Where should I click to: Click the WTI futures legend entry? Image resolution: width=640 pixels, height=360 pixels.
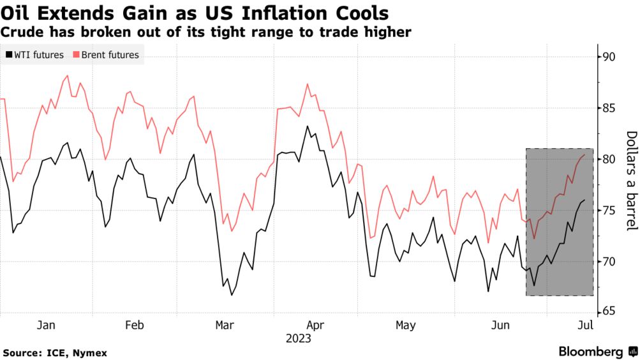(x=35, y=55)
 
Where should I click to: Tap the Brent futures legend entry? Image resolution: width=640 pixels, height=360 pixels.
(x=106, y=55)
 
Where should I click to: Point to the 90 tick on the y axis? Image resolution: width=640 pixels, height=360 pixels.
(x=609, y=57)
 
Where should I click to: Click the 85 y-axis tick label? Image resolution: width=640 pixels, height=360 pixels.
(x=609, y=109)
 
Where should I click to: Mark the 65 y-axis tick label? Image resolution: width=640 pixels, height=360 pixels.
(x=609, y=311)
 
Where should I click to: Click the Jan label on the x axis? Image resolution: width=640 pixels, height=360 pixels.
(x=46, y=326)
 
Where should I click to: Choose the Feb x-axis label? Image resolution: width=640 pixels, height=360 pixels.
(x=135, y=326)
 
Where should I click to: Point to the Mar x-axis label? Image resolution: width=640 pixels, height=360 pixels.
(x=224, y=326)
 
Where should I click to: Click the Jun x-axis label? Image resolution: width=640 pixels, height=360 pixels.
(x=501, y=326)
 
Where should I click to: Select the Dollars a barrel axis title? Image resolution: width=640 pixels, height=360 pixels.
(x=631, y=181)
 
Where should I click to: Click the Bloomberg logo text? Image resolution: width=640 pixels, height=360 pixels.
(x=591, y=352)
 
